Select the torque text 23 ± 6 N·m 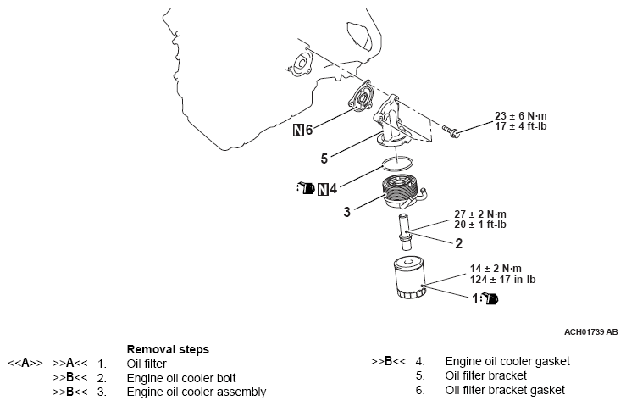pos(525,117)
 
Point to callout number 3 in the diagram pos(347,212)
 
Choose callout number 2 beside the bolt pos(458,244)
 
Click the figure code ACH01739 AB pos(590,330)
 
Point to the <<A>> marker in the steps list pos(25,363)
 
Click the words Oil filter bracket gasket pos(504,390)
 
